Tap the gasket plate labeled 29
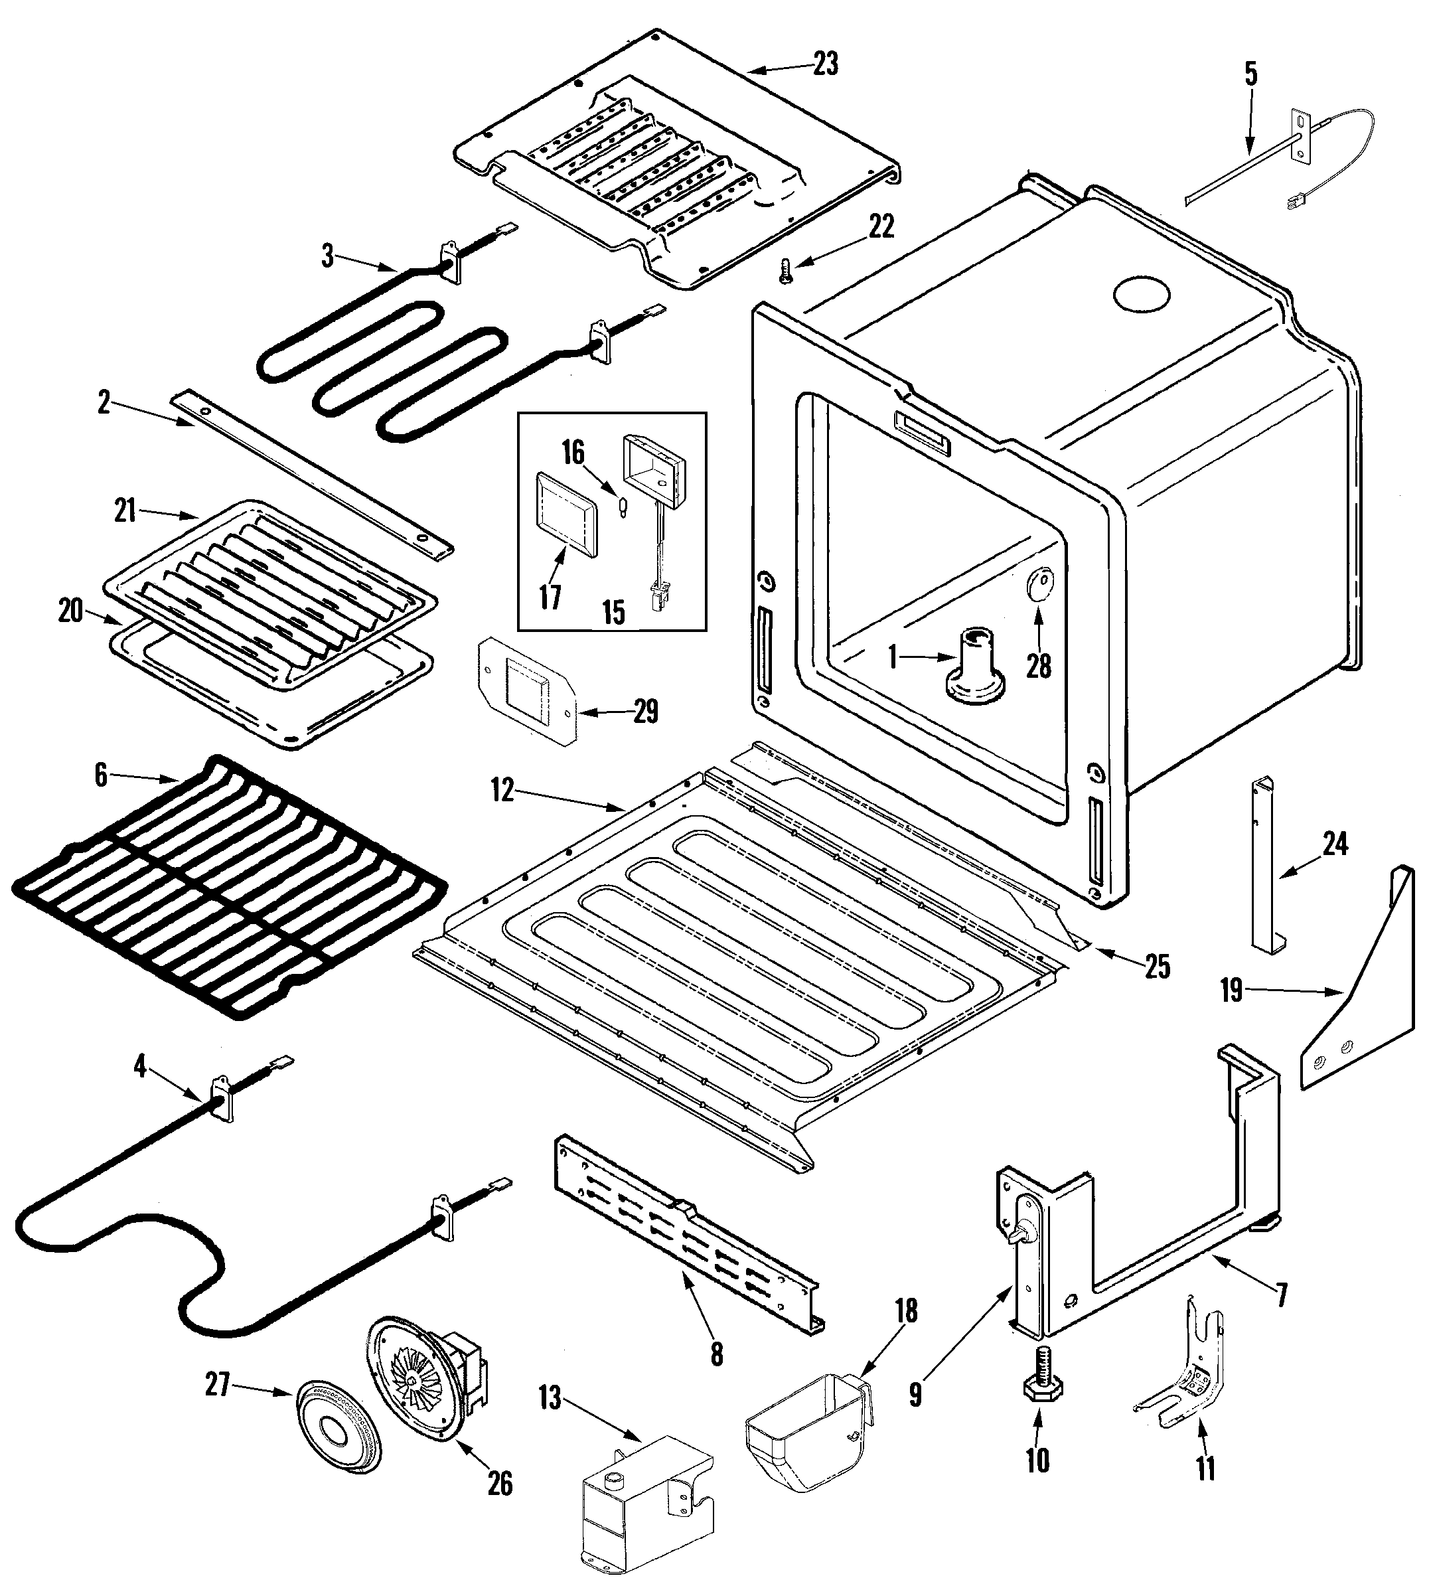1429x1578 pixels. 525,688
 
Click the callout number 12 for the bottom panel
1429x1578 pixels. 502,791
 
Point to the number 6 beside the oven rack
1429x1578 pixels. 100,775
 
